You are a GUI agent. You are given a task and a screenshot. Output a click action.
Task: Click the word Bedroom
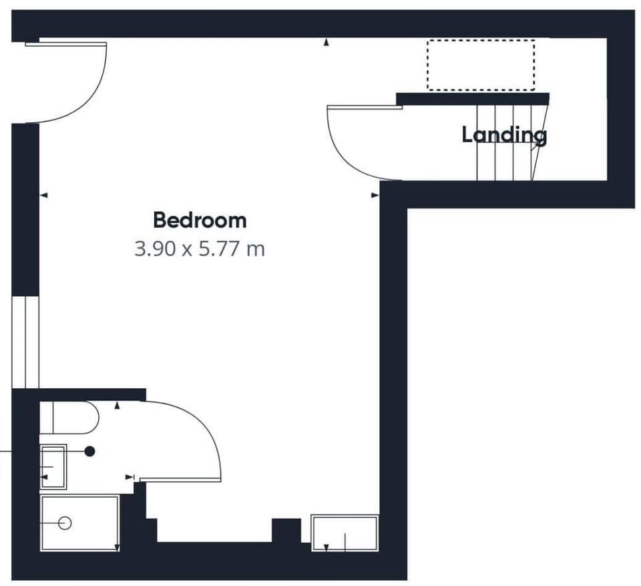200,220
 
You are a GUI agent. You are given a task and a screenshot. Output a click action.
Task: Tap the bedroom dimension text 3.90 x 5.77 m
200,250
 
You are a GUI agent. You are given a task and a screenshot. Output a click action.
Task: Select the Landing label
504,135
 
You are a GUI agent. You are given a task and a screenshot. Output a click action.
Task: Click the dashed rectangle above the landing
481,65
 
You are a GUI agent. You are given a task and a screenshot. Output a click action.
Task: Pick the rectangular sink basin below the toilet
53,465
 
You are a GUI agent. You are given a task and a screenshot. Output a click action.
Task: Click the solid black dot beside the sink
89,452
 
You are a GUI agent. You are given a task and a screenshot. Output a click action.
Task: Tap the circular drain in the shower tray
65,523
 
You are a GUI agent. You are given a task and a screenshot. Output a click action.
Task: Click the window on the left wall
25,341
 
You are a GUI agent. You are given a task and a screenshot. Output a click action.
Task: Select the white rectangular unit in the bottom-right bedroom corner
345,533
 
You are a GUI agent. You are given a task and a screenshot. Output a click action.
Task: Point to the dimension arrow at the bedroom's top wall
327,42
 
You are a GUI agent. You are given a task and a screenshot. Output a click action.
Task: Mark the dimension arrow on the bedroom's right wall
375,196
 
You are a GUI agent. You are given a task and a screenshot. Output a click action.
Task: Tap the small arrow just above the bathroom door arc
118,405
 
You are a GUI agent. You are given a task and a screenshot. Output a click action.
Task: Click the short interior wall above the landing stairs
472,99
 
